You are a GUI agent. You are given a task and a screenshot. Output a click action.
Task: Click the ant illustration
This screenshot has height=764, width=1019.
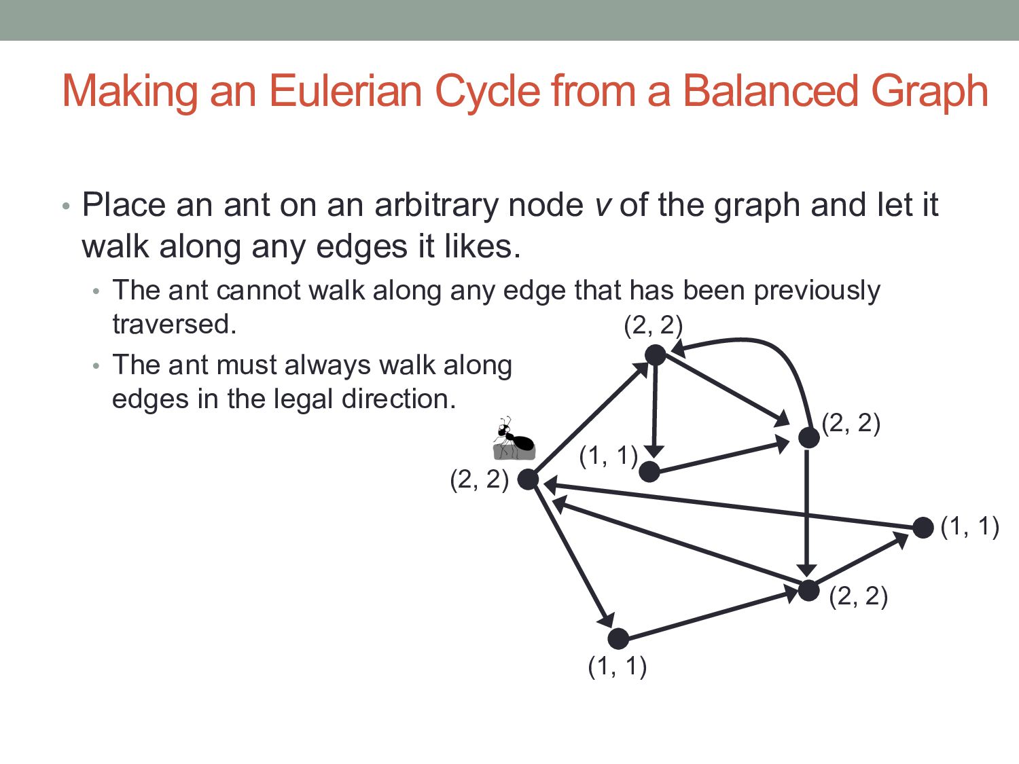514,439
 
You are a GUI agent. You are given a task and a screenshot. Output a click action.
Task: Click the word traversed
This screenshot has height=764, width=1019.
174,325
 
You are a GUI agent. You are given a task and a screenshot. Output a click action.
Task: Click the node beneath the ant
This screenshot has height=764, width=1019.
528,479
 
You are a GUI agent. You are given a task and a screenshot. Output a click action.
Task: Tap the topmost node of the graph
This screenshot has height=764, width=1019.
655,354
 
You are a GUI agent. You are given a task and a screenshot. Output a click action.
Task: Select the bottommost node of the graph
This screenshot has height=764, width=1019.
618,638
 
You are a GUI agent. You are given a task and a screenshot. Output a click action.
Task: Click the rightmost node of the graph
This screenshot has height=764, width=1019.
923,528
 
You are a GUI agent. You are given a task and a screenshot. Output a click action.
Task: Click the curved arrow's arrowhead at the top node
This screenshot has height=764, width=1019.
677,350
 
